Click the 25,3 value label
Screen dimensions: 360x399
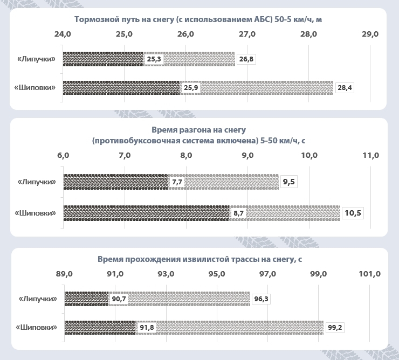[154, 59]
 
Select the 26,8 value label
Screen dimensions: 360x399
[246, 59]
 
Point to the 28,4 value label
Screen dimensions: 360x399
[345, 87]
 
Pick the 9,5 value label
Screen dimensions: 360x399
[289, 182]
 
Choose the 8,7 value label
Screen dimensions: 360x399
[238, 213]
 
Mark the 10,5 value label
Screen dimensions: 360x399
[353, 213]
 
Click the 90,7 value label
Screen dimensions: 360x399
[119, 299]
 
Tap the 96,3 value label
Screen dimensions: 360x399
[261, 299]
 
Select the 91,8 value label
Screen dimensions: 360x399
[147, 327]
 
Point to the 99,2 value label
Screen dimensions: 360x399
[335, 327]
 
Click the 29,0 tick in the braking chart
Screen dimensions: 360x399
[370, 34]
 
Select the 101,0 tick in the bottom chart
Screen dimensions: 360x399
[370, 273]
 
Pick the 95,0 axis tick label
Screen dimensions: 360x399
[217, 273]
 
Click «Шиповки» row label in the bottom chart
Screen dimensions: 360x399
[37, 327]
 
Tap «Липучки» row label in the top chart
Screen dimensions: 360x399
[37, 59]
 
